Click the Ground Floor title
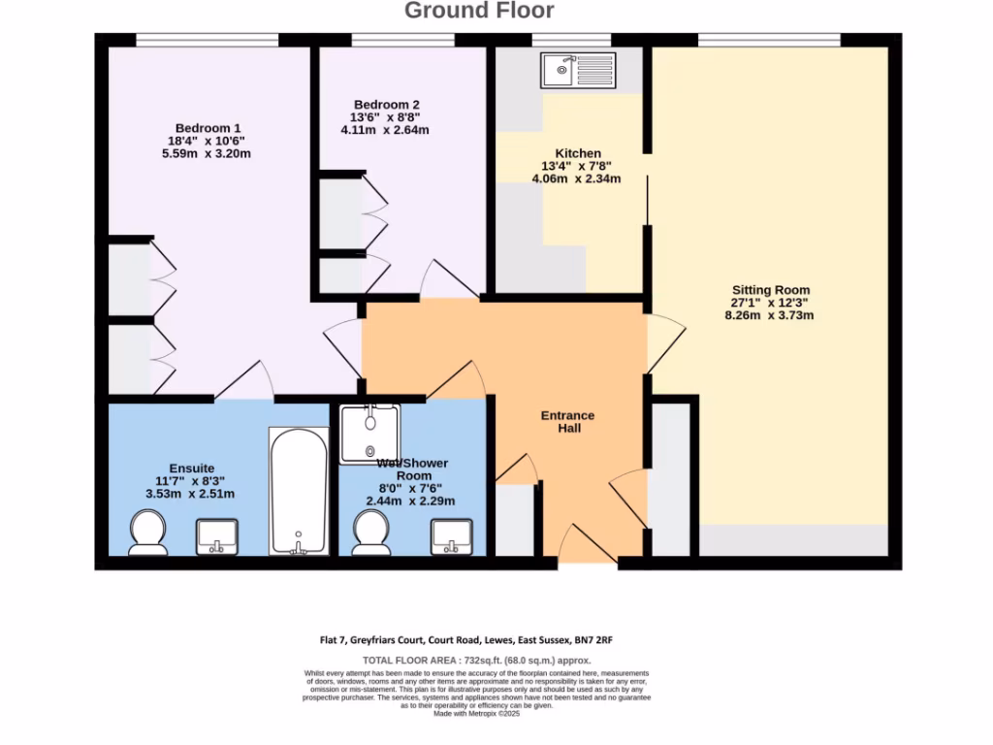(479, 12)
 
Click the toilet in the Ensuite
(148, 534)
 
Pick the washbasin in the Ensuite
(218, 535)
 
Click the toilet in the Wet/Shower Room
(371, 533)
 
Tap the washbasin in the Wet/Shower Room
(451, 535)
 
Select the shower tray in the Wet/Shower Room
(369, 434)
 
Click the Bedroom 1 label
(208, 128)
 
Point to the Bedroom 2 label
(386, 105)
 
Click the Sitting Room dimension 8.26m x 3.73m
(770, 315)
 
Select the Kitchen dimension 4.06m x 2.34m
(577, 178)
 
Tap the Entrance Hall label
(567, 422)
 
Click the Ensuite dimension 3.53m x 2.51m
(190, 494)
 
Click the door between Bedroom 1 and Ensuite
(243, 383)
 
